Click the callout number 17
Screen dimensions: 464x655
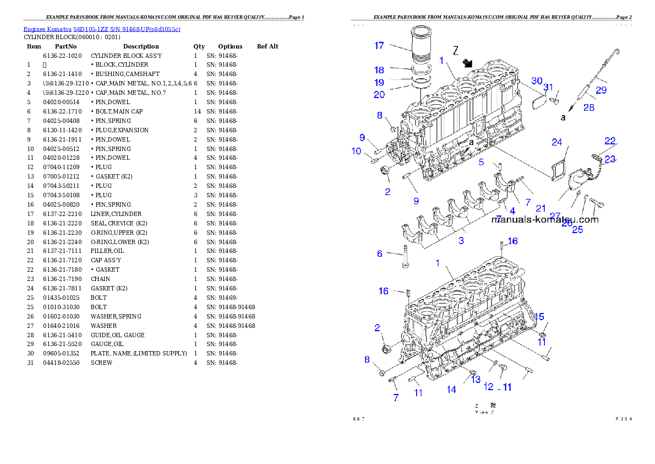point(379,46)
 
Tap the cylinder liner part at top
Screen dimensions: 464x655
point(424,44)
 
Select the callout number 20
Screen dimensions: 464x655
point(379,95)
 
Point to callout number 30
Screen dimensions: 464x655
point(537,80)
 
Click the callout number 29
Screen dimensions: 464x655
point(601,89)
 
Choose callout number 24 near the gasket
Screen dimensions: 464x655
point(557,142)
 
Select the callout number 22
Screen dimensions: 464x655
point(610,141)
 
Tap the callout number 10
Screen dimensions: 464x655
point(356,151)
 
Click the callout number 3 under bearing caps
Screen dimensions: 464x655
point(461,240)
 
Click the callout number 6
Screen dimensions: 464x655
point(379,253)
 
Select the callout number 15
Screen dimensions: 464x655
point(539,316)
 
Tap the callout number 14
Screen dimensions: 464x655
point(451,390)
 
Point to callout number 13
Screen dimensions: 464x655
point(476,379)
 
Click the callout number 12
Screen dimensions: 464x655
point(488,387)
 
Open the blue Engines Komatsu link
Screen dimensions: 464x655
point(102,29)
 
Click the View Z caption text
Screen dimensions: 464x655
point(485,412)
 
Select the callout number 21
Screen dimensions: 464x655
point(541,208)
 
